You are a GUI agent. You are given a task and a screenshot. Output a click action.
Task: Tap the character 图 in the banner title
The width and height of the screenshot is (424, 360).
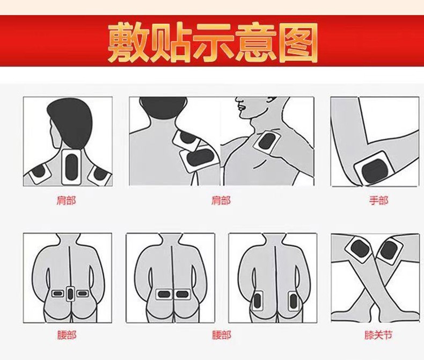coord(296,43)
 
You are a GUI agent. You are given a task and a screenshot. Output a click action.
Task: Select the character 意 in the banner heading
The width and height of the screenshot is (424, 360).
coord(255,43)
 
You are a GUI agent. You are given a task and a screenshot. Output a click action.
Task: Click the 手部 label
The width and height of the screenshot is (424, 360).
coord(378,200)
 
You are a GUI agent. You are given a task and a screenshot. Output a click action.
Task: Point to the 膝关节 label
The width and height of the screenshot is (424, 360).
coord(378,335)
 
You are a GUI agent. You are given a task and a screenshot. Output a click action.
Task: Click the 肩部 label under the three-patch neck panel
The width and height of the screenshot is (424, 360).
coord(66,200)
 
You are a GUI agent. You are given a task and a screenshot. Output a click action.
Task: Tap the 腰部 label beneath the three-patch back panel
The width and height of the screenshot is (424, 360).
coord(67,335)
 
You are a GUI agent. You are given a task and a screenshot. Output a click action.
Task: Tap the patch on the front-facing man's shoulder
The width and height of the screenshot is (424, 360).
coord(266,144)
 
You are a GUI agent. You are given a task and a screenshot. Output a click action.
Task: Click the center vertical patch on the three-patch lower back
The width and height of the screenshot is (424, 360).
coord(70,294)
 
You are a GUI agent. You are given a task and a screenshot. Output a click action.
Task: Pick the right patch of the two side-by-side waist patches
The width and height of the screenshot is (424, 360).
coord(182,294)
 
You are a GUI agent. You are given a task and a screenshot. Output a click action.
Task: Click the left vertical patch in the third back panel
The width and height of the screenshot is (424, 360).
coord(257,301)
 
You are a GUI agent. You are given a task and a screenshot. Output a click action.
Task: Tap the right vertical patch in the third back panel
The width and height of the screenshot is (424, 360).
coord(294,301)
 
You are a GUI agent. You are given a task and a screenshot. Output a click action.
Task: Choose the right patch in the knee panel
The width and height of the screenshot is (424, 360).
coord(390,250)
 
